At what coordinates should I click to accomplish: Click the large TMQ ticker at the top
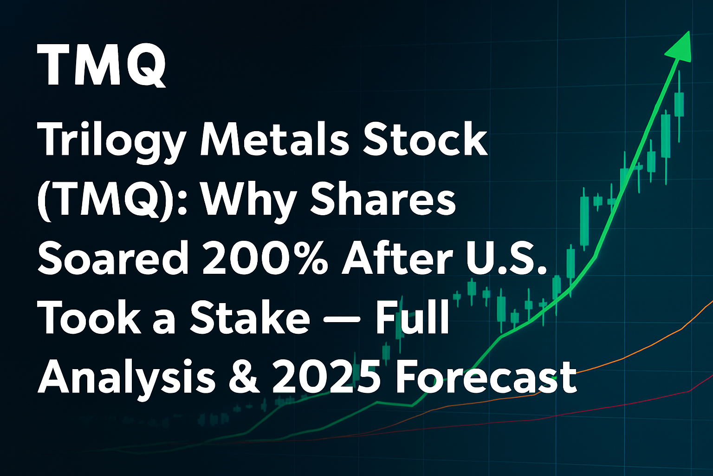pyautogui.click(x=102, y=65)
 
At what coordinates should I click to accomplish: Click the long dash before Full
pyautogui.click(x=342, y=318)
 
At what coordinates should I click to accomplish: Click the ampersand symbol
pyautogui.click(x=244, y=377)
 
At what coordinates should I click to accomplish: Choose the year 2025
pyautogui.click(x=327, y=377)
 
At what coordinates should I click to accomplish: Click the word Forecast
pyautogui.click(x=486, y=377)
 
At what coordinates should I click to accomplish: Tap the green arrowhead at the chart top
pyautogui.click(x=681, y=48)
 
